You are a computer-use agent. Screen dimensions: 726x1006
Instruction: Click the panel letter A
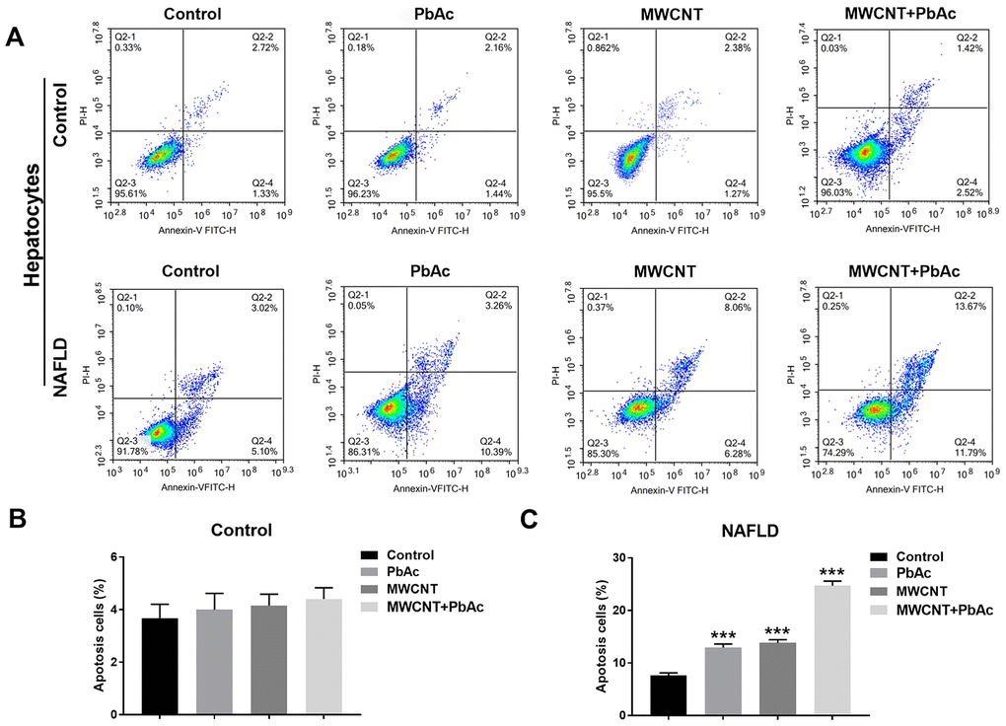(x=15, y=37)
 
